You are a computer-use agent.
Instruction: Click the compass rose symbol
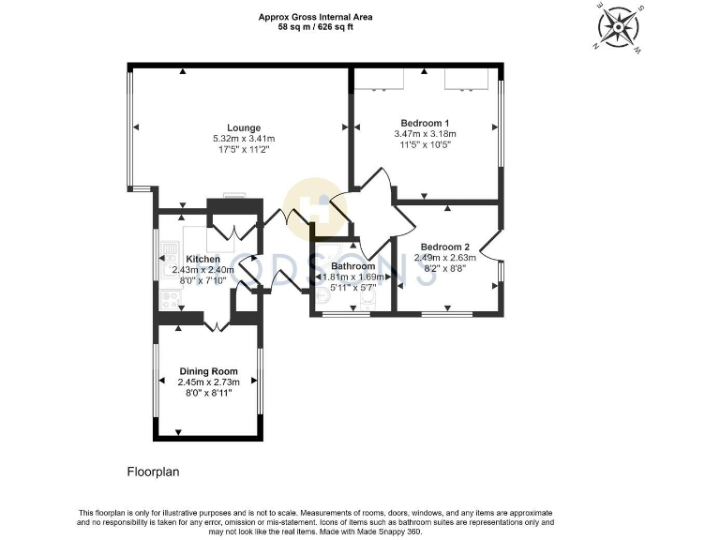[619, 25]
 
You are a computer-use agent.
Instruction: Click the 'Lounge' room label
[244, 127]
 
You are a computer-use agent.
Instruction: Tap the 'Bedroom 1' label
[425, 123]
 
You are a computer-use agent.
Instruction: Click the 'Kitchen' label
[203, 259]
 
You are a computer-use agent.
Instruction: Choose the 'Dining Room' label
[209, 371]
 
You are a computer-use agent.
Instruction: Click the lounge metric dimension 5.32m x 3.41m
[244, 139]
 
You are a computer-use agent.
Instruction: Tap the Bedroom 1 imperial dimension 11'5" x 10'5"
[425, 145]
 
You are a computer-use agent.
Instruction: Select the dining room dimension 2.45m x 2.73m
[209, 382]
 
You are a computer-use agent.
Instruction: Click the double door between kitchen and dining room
[217, 325]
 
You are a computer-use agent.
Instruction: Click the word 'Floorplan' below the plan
[152, 472]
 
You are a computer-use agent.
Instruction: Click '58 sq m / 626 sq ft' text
[315, 26]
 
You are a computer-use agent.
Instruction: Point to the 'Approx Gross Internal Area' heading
[315, 16]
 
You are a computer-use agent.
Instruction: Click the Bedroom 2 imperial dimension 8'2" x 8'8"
[447, 268]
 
